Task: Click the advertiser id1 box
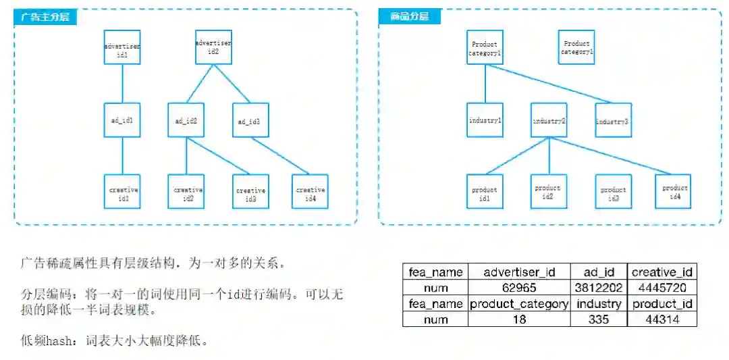tap(122, 47)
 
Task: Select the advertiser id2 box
tap(213, 47)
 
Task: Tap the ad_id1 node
tap(122, 121)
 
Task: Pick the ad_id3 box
tap(250, 121)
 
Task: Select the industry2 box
tap(549, 121)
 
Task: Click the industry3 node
tap(613, 121)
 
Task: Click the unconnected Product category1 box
tap(576, 47)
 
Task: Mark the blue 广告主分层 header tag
tap(46, 17)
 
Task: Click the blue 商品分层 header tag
tap(409, 17)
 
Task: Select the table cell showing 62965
tap(519, 288)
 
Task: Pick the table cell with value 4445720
tap(662, 288)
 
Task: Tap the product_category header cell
tap(519, 304)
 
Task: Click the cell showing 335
tap(599, 319)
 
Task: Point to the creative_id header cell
tap(662, 272)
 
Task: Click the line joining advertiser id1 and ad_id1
tap(122, 84)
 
